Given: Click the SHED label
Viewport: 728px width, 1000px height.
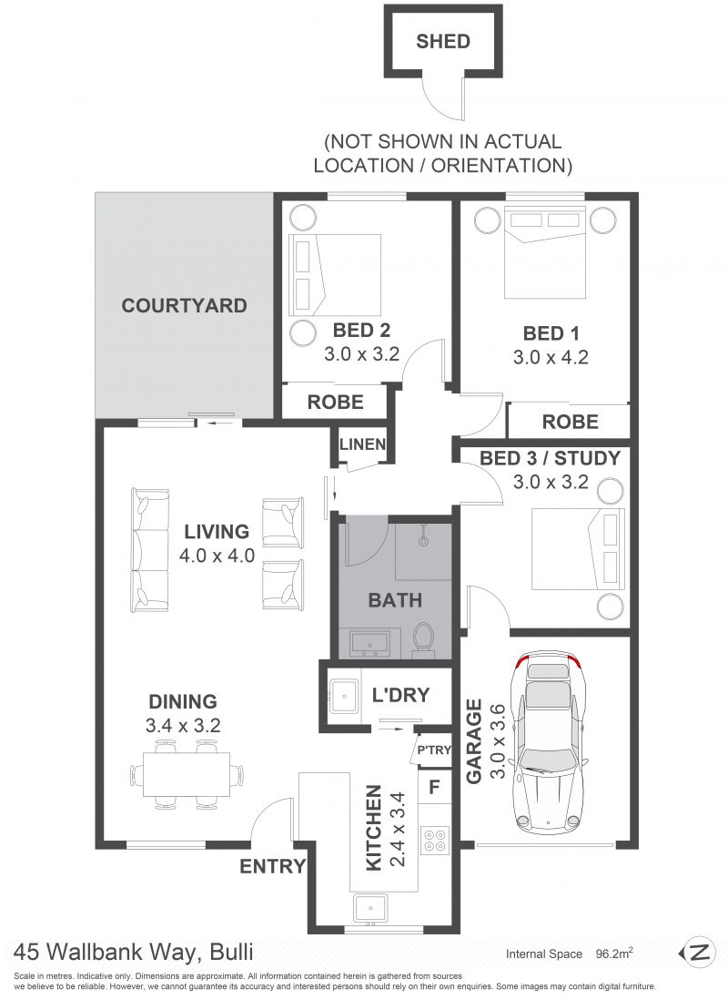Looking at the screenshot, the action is click(443, 42).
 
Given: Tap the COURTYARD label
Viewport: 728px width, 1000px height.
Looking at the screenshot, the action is click(184, 305).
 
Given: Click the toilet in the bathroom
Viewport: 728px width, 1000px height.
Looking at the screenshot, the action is click(423, 638).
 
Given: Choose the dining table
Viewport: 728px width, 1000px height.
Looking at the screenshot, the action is click(187, 774).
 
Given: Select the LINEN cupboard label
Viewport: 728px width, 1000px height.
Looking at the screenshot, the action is click(362, 444).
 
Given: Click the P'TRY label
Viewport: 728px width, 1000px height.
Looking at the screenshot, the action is click(434, 750).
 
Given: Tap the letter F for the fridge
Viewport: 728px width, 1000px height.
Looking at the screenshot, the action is click(435, 787).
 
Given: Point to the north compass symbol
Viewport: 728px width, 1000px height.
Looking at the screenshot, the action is click(695, 953).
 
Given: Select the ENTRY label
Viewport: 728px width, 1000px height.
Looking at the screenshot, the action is click(273, 866).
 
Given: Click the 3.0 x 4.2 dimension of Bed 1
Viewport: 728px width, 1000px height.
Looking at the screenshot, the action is click(551, 357).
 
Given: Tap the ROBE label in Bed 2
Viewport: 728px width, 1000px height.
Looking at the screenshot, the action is click(335, 403).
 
